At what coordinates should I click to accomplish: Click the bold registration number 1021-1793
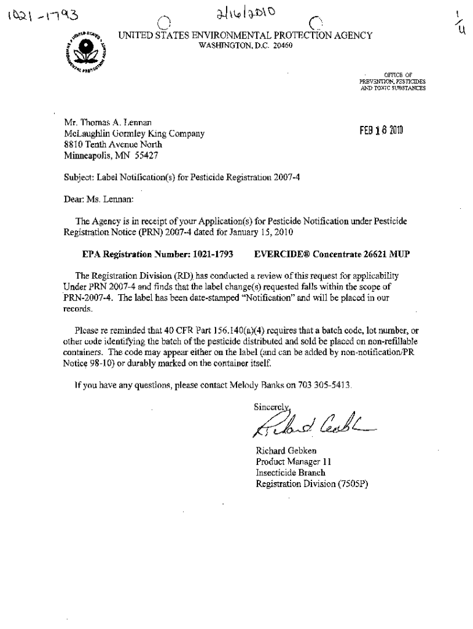pyautogui.click(x=213, y=253)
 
